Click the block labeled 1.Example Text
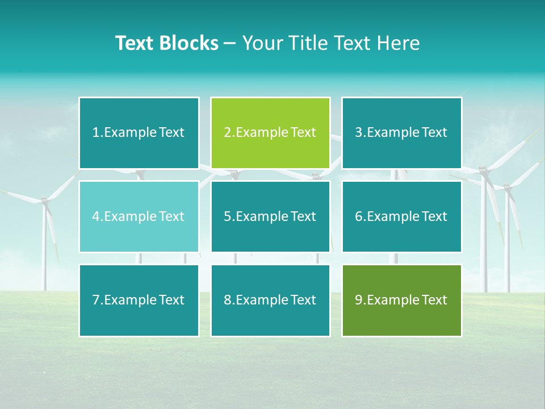(139, 133)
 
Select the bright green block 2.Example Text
(270, 133)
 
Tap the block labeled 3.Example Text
(401, 133)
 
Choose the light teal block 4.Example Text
(139, 216)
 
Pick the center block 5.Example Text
(270, 216)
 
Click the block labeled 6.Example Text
(401, 216)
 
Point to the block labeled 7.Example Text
(139, 300)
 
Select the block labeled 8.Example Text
(270, 300)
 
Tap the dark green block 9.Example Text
(401, 300)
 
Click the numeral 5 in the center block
(227, 216)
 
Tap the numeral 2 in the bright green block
(227, 133)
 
